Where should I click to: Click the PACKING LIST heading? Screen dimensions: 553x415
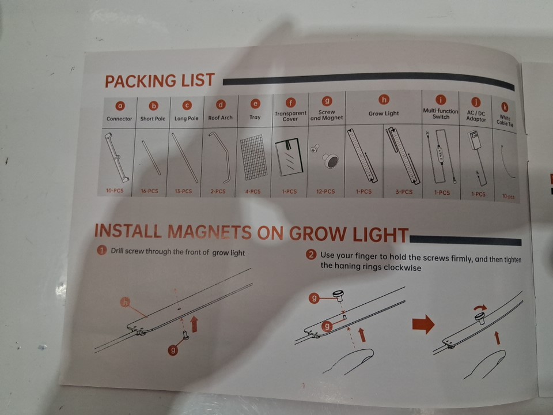pyautogui.click(x=160, y=81)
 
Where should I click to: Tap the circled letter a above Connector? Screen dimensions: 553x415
pyautogui.click(x=120, y=105)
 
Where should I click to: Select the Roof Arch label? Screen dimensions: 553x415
pyautogui.click(x=221, y=118)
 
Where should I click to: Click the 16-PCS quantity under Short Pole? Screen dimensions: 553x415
pyautogui.click(x=150, y=191)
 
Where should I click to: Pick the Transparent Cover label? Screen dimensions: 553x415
pyautogui.click(x=290, y=116)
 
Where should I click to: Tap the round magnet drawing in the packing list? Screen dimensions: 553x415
pyautogui.click(x=331, y=161)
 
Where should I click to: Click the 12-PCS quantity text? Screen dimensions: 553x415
pyautogui.click(x=325, y=191)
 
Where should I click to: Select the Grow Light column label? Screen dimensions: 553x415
pyautogui.click(x=384, y=114)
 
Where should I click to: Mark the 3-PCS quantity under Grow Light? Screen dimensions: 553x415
pyautogui.click(x=404, y=192)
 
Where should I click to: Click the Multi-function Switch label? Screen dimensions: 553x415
pyautogui.click(x=441, y=114)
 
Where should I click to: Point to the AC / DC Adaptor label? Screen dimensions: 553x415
pyautogui.click(x=476, y=116)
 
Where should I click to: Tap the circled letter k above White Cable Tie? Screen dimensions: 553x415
pyautogui.click(x=505, y=107)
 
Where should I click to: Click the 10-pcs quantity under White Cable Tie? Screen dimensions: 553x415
pyautogui.click(x=508, y=197)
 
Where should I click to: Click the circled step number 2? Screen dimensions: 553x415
pyautogui.click(x=311, y=254)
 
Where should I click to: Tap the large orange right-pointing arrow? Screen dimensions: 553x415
pyautogui.click(x=423, y=324)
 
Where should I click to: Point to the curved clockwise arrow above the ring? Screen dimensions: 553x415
pyautogui.click(x=480, y=308)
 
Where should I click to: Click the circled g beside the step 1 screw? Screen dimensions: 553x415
pyautogui.click(x=173, y=350)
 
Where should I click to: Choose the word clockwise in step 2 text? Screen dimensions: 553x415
pyautogui.click(x=403, y=268)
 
